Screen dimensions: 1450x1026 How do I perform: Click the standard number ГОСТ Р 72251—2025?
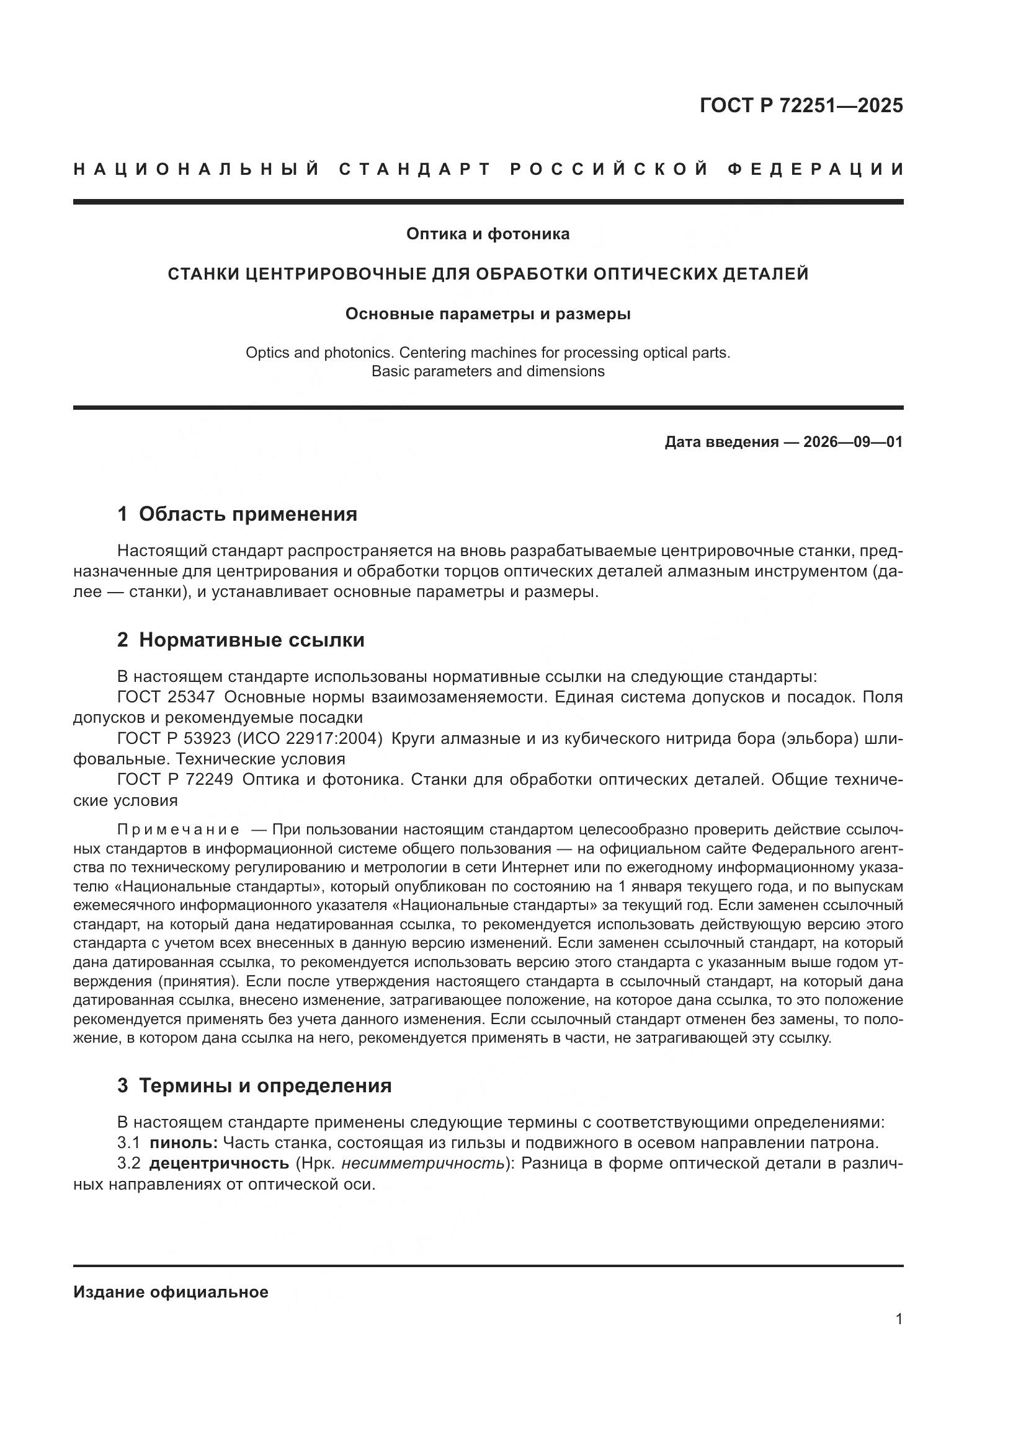pos(801,105)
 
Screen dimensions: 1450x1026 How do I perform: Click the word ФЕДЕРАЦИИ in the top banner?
pos(816,169)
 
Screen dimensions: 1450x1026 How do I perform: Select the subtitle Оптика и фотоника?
pos(488,234)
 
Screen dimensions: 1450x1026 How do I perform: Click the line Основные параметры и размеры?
pos(488,314)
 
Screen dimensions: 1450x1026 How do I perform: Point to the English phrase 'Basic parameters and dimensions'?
pos(488,371)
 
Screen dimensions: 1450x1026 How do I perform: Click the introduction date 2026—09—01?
pos(853,442)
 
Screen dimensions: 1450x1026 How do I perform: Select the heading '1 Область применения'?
pos(238,514)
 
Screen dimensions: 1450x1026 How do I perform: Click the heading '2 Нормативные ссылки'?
pos(241,640)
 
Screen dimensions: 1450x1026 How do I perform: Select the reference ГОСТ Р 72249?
pos(175,780)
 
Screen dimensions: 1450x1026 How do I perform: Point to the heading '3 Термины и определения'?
pos(254,1085)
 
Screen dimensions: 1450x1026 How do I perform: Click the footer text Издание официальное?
pos(171,1292)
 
